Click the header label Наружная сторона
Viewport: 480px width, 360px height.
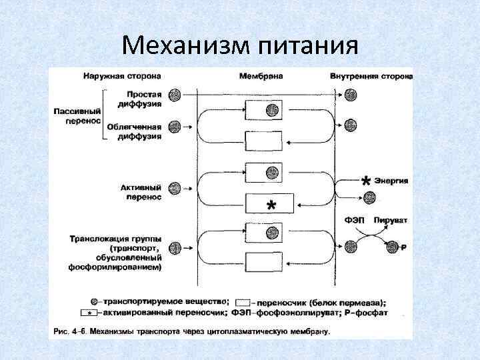pos(117,75)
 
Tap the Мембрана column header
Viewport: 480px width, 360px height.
pos(259,75)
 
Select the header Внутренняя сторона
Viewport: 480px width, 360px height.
pos(371,75)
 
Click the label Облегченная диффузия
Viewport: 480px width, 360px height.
pos(139,131)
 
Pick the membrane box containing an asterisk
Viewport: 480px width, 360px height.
pos(270,204)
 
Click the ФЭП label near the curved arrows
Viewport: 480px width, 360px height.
pos(353,219)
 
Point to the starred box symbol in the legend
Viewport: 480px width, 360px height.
pos(89,312)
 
